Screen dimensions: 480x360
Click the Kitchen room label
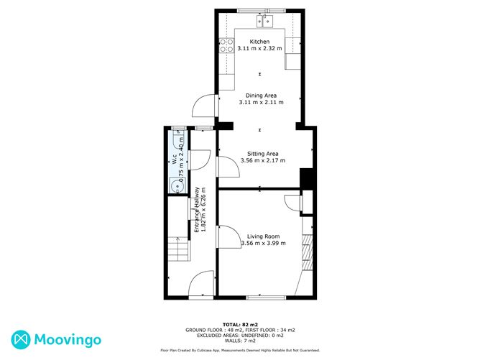259,42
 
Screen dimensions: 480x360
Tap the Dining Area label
261,96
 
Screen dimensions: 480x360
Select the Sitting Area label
263,154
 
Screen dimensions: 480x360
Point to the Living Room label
263,236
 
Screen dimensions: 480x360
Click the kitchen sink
265,22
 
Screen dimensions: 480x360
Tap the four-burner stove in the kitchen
227,45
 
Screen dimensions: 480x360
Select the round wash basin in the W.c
176,186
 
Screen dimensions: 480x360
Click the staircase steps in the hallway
178,249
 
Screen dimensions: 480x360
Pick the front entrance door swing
200,283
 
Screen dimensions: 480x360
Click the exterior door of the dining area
205,106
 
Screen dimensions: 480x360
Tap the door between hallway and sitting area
229,166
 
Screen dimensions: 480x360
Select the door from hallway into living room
229,236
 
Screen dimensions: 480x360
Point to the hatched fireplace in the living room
308,252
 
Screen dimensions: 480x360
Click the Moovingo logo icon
21,340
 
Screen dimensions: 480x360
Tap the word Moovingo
68,340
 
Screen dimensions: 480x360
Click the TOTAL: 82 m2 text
240,325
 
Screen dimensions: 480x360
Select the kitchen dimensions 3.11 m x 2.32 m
259,48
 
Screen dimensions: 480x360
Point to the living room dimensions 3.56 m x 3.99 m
264,243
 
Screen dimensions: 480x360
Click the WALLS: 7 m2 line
240,341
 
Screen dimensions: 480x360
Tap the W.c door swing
200,160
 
